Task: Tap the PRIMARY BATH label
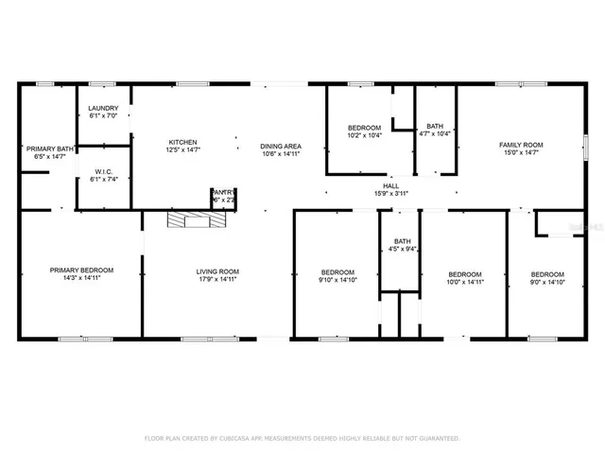coord(49,148)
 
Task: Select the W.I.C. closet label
coord(104,171)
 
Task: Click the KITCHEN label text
coord(182,142)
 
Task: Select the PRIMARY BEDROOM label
coord(80,271)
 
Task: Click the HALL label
coord(390,186)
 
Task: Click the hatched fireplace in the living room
coord(198,221)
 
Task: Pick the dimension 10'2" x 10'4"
coord(364,135)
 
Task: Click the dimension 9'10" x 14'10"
coord(337,279)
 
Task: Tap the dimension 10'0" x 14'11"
coord(465,281)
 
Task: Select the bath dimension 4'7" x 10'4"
coord(435,133)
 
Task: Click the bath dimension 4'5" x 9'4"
coord(403,249)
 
